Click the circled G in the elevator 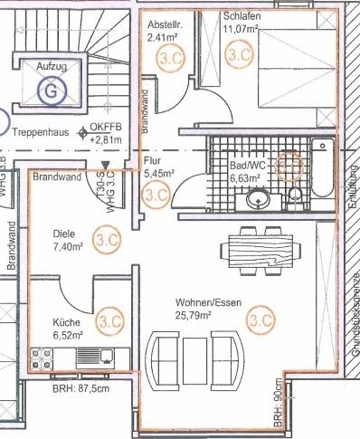52,90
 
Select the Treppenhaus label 43,130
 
